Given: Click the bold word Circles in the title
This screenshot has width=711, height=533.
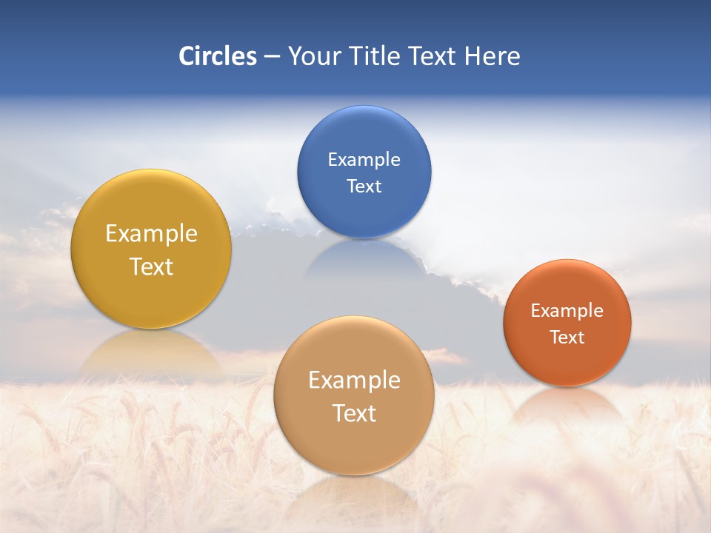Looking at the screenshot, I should (x=218, y=56).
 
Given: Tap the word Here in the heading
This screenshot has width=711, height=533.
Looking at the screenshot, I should (x=492, y=56).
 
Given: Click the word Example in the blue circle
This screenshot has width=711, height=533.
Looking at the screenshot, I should (x=364, y=160).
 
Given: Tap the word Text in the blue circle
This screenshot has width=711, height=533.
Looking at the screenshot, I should (x=364, y=187).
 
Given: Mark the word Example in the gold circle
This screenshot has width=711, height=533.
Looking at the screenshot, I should (x=151, y=234).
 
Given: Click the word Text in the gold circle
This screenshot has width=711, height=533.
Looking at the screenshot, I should (x=151, y=267).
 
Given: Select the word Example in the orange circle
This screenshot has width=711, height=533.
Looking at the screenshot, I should (x=567, y=311).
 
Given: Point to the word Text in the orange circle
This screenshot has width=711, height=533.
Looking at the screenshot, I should (x=567, y=338).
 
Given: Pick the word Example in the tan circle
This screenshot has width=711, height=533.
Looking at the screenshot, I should (x=354, y=381).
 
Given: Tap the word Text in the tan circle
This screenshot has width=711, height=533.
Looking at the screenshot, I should (x=354, y=414).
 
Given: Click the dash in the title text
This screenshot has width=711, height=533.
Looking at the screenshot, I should (x=272, y=57).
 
